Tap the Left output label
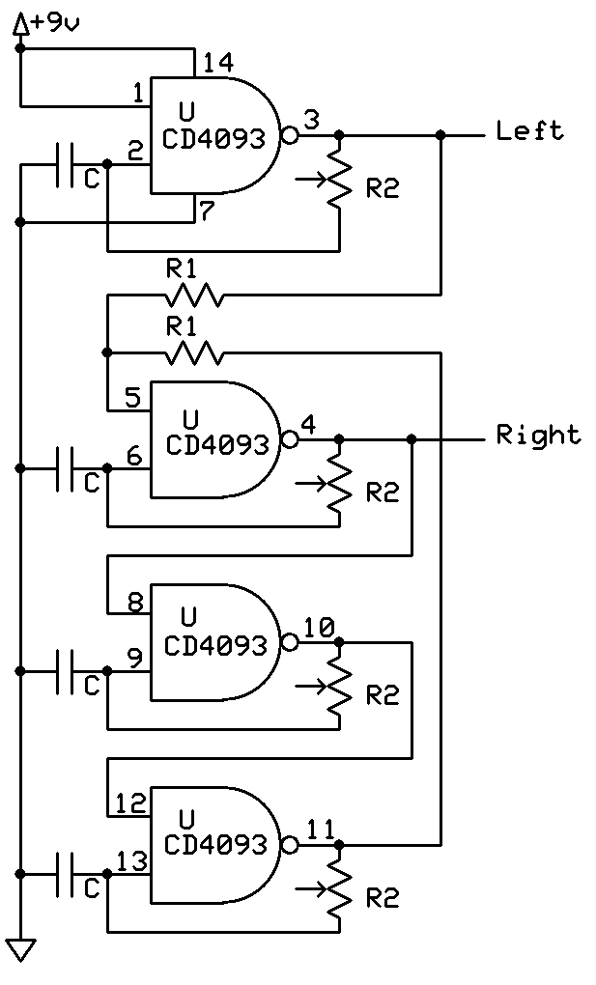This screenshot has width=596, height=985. click(x=529, y=130)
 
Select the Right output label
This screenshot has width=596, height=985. click(x=539, y=436)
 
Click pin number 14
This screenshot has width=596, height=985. click(x=218, y=63)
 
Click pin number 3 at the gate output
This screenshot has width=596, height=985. click(x=311, y=120)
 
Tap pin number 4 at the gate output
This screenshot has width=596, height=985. click(x=308, y=424)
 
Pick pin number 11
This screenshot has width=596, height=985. click(x=320, y=829)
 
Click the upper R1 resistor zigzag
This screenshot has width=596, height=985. click(x=194, y=295)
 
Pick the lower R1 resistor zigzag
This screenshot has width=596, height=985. click(x=194, y=353)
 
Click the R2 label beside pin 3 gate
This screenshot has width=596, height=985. click(x=383, y=189)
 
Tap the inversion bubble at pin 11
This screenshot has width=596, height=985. click(x=289, y=845)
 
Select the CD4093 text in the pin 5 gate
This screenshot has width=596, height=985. click(x=215, y=445)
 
